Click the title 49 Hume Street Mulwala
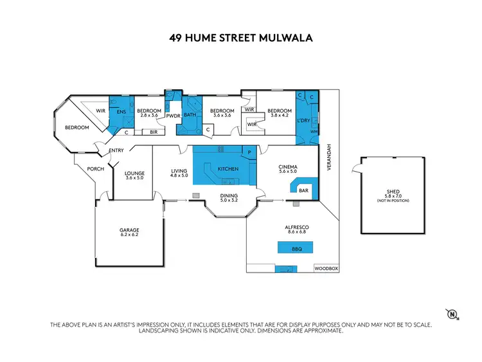pos(241,37)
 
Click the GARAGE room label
pos(129,230)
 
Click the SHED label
pos(393,190)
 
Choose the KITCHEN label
pos(228,168)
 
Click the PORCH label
pos(86,169)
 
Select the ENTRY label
pos(116,150)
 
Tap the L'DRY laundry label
pos(303,120)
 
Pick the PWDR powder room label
pos(174,116)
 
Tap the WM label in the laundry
pos(314,132)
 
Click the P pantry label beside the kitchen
pos(249,152)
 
